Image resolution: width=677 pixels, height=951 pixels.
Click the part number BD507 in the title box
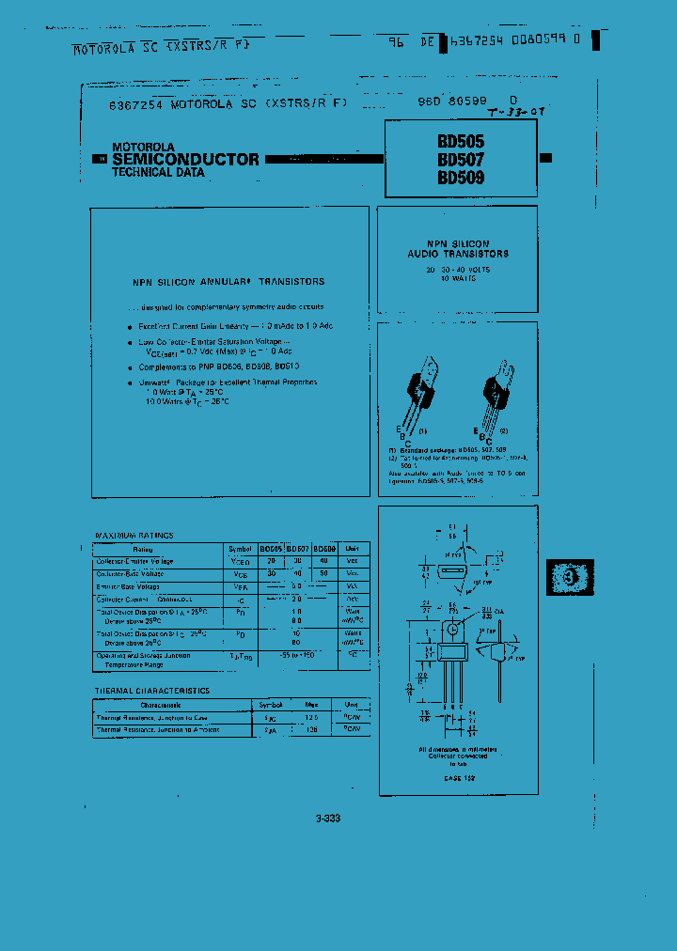coord(460,160)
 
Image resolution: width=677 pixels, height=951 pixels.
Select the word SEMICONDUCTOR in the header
coord(185,160)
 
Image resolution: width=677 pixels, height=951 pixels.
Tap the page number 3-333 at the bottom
coord(328,818)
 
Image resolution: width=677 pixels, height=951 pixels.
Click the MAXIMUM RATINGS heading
coord(134,536)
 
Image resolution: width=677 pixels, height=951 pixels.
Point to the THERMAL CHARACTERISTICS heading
coord(151,691)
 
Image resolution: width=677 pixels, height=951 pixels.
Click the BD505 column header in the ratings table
coord(270,548)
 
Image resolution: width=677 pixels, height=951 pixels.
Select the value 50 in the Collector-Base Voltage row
coord(324,573)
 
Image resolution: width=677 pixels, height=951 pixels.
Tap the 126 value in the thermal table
coord(311,729)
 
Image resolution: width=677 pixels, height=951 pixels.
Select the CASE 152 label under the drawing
coord(459,778)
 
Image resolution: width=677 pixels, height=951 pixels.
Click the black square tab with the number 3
coord(571,576)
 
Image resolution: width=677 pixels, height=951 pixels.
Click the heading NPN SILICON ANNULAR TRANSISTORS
coord(228,281)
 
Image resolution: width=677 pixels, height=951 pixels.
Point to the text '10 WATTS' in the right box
coord(458,279)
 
